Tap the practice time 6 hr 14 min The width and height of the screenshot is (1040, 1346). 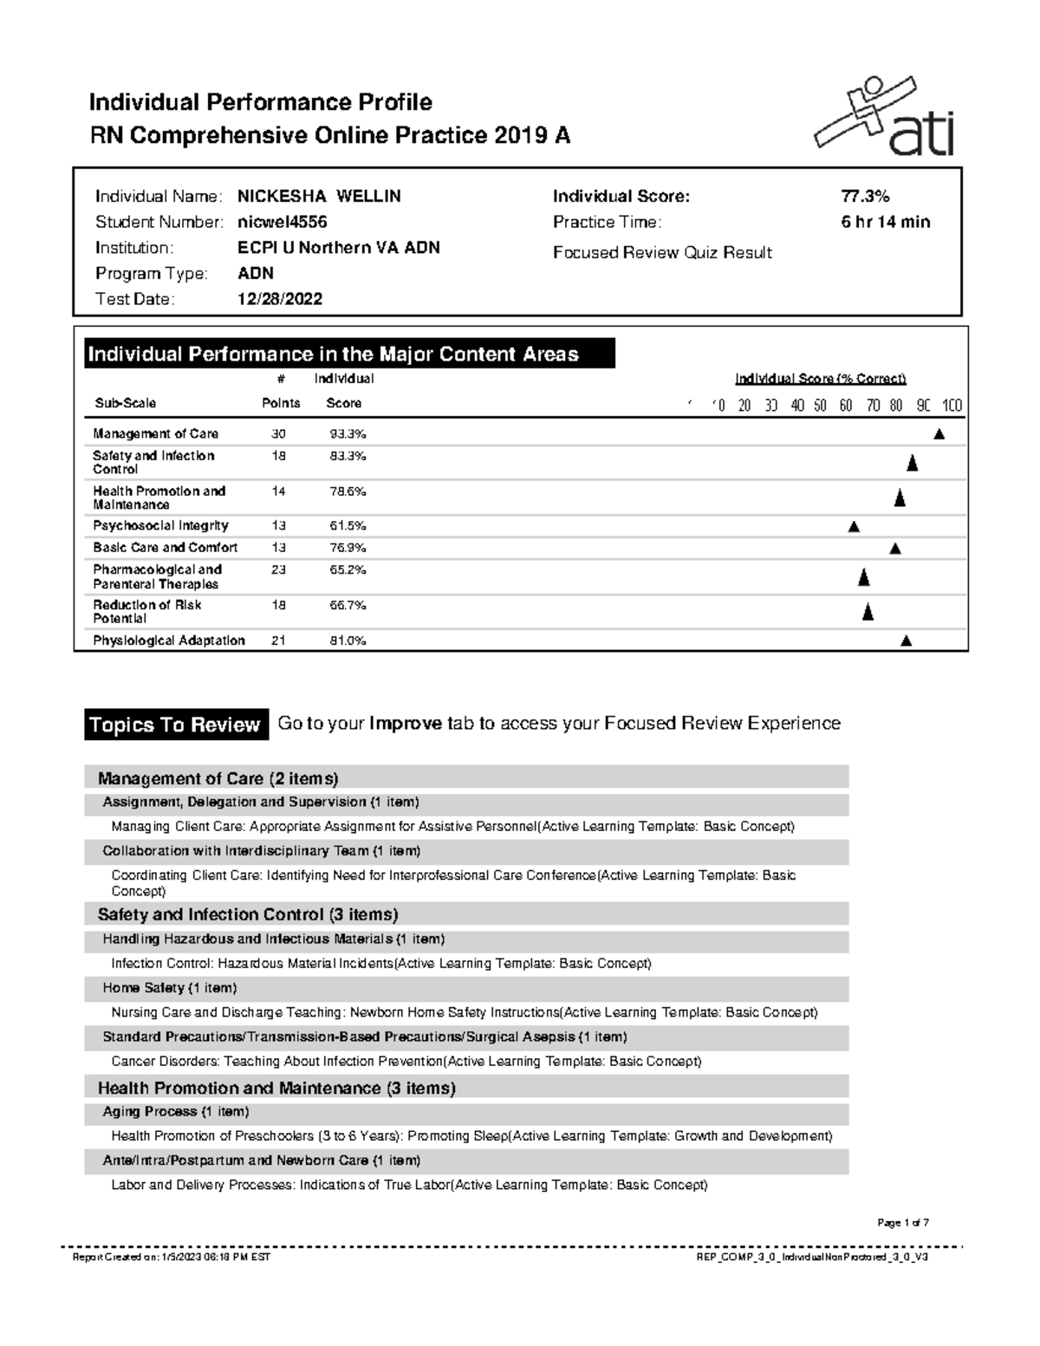885,222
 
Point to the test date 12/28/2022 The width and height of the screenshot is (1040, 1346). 279,299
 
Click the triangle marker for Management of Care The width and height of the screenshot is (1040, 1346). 939,434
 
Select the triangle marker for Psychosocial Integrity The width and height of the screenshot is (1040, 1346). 854,526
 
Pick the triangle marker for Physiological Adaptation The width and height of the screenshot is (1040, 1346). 906,641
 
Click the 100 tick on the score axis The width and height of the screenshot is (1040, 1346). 952,406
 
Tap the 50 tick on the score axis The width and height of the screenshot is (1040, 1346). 820,406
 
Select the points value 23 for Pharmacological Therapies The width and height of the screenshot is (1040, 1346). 278,569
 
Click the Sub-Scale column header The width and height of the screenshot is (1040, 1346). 125,403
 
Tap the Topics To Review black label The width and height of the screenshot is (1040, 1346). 175,725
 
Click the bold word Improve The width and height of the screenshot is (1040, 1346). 405,724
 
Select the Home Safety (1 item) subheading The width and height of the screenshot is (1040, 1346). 169,988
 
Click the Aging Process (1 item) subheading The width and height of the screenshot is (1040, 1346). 175,1111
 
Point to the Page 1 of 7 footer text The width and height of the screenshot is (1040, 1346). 902,1223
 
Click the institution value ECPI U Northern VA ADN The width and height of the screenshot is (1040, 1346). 338,248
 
